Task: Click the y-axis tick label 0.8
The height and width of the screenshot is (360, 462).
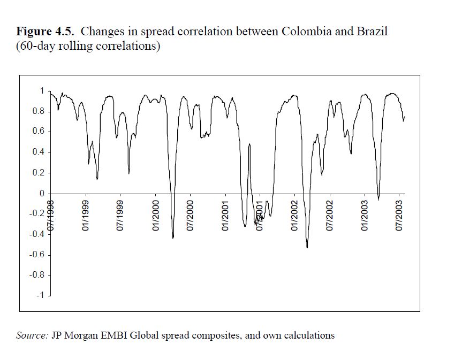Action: tap(39, 111)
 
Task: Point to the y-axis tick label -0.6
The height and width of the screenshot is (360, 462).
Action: tap(37, 255)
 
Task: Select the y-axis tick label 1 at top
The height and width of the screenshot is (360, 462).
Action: tap(42, 91)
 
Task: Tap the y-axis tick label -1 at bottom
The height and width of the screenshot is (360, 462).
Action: tap(41, 295)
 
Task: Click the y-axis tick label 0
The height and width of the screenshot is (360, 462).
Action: tap(42, 193)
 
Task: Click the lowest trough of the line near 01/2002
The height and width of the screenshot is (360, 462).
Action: tap(307, 247)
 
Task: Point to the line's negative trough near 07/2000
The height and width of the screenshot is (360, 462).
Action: tap(173, 238)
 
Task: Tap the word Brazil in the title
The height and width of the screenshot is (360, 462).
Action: tap(369, 31)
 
